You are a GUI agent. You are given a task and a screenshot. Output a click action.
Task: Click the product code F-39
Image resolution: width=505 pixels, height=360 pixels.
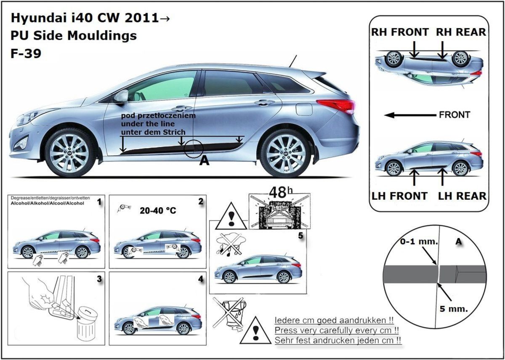click(x=26, y=53)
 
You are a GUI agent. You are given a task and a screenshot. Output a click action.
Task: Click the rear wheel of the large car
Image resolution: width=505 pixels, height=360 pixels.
click(x=285, y=153)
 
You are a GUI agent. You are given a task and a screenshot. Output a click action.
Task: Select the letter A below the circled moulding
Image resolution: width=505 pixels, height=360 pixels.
click(x=205, y=160)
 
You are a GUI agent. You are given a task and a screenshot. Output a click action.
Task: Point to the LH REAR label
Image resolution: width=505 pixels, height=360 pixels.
click(x=462, y=196)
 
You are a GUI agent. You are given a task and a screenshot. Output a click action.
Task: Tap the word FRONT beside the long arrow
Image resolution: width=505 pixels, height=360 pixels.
click(x=454, y=115)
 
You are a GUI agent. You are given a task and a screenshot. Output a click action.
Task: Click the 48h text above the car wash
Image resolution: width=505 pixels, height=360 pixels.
click(x=279, y=192)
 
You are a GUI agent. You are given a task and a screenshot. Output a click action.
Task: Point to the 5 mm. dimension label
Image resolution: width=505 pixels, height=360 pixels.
click(x=453, y=309)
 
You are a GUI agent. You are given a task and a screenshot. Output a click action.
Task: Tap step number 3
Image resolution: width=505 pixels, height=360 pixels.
click(x=99, y=279)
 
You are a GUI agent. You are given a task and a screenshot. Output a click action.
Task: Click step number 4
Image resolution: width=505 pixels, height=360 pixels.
click(x=200, y=279)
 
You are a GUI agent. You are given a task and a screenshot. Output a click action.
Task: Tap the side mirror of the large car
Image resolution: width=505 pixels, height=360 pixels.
click(x=120, y=96)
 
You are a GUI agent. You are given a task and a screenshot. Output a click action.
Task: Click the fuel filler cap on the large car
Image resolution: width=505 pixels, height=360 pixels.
click(x=304, y=109)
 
